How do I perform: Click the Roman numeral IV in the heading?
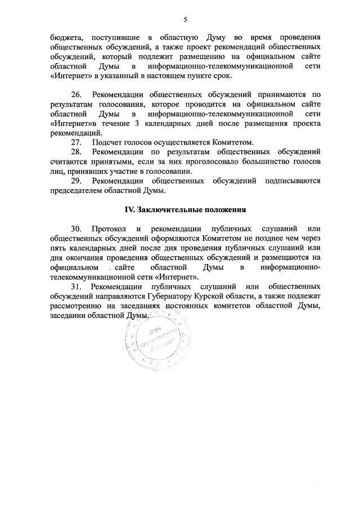[128, 209]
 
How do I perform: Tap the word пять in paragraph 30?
[58, 248]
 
